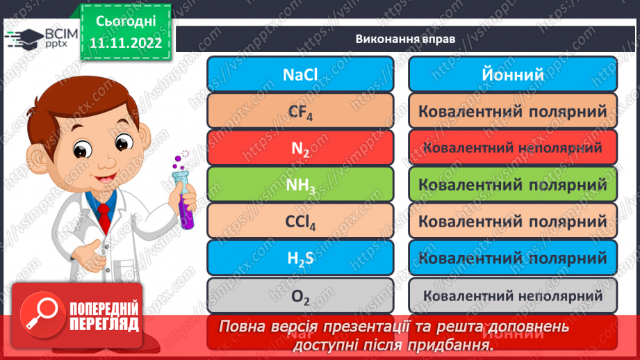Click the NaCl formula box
(x=300, y=74)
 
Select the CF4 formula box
(x=300, y=111)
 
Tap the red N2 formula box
(x=300, y=147)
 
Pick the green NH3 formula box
(x=300, y=184)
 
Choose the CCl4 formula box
(x=300, y=222)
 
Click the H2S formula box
(x=300, y=259)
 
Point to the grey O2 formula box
(x=300, y=295)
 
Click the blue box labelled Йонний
(x=513, y=74)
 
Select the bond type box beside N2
(x=513, y=147)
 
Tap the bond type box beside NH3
(x=513, y=184)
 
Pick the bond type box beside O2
(x=513, y=295)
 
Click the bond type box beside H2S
(x=513, y=259)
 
